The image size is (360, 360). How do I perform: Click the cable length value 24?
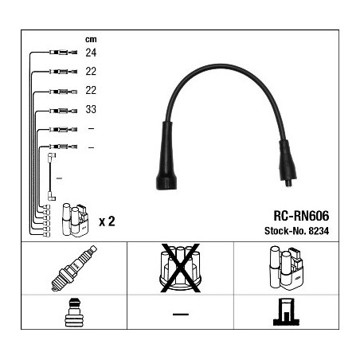click(x=91, y=53)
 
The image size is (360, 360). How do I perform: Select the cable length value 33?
click(x=91, y=109)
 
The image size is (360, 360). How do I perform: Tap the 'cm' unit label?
click(x=91, y=39)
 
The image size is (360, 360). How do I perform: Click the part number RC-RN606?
click(x=301, y=216)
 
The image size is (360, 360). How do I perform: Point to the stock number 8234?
click(x=319, y=231)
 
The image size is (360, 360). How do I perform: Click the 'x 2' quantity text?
click(x=107, y=221)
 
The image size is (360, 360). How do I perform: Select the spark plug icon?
click(x=74, y=268)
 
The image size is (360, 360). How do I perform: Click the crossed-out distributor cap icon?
click(x=180, y=268)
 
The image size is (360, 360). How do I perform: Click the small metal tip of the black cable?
click(x=288, y=183)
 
